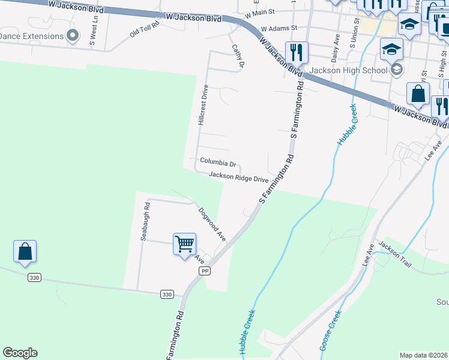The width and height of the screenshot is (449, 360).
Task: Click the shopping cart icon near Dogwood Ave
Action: [185, 244]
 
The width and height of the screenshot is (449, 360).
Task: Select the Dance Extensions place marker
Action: [73, 35]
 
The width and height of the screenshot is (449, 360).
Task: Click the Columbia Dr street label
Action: [218, 162]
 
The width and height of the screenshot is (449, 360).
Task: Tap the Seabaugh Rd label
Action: [145, 221]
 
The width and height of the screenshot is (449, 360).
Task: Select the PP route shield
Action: [205, 271]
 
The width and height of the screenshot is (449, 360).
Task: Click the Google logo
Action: [20, 353]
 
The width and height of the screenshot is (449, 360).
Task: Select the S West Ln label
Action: [94, 34]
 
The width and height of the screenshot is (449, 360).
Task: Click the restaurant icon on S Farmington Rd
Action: [296, 52]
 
